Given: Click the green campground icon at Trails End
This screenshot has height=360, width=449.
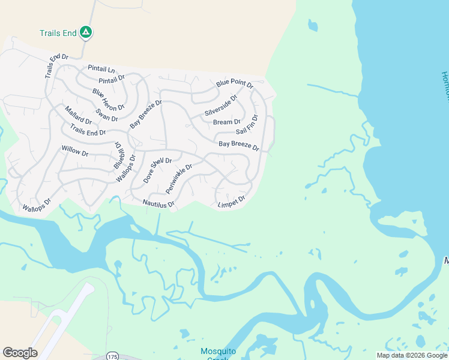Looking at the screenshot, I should tap(86, 32).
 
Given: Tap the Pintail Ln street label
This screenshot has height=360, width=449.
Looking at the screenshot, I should tap(101, 69).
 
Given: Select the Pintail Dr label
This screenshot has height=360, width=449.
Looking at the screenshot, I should tap(112, 79).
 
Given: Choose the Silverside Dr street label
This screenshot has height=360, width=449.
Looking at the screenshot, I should tap(221, 105).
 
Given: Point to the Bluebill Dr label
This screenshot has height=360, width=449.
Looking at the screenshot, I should tap(118, 155).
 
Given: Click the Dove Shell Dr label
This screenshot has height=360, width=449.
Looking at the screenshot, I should tap(158, 170).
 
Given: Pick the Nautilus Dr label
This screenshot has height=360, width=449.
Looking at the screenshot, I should tap(158, 204).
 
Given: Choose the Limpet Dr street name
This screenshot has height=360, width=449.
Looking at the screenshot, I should tap(232, 202).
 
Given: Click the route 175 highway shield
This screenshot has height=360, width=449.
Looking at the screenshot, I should tap(112, 356).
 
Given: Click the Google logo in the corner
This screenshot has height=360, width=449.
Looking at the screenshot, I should tap(20, 353).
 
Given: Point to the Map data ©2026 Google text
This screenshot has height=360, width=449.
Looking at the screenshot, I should tap(412, 355).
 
